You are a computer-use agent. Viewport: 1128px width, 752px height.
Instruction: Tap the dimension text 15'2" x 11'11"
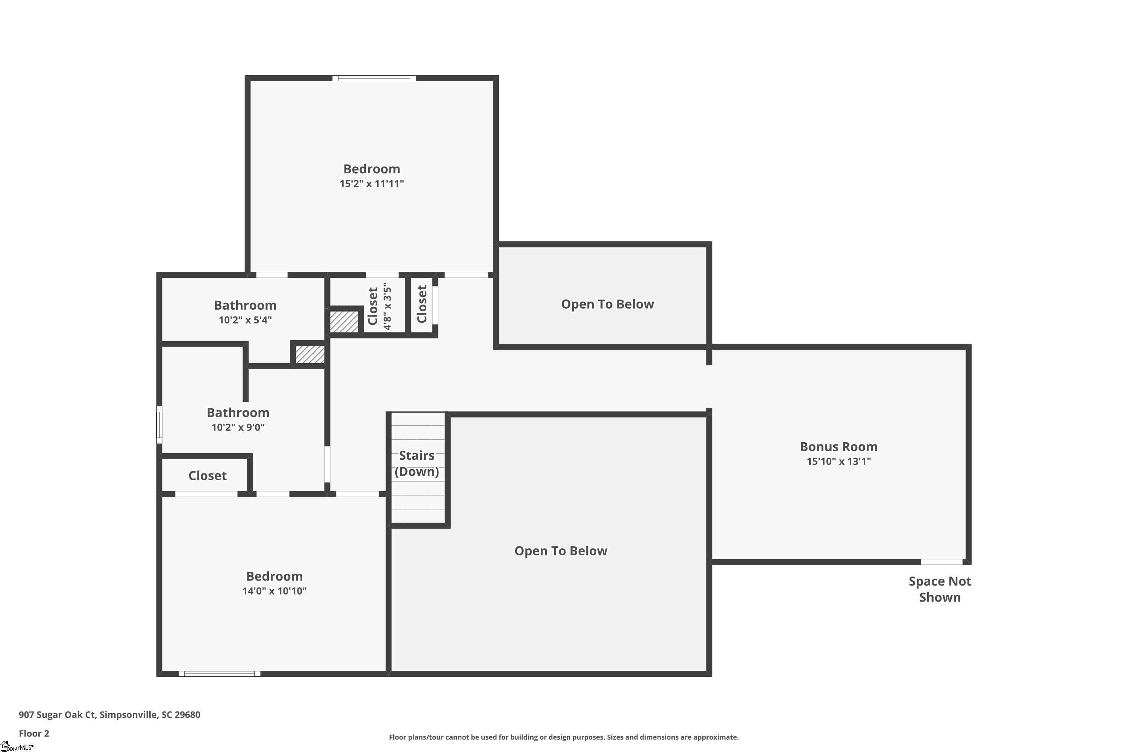[372, 184]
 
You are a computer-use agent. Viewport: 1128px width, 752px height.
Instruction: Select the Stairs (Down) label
[417, 463]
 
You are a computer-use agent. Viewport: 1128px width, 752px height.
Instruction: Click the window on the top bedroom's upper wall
[374, 78]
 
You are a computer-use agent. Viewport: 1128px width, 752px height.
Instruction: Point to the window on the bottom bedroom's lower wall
[220, 674]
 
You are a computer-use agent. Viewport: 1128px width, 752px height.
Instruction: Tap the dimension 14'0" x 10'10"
[274, 591]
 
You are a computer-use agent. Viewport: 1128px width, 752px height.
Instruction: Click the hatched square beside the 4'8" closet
[344, 321]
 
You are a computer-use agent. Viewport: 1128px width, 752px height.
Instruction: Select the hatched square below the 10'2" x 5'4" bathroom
[310, 355]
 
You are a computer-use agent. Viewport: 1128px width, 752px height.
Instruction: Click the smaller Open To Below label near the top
[607, 304]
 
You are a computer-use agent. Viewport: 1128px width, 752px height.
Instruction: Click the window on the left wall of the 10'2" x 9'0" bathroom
[159, 425]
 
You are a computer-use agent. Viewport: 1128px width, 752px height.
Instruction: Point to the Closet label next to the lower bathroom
[207, 475]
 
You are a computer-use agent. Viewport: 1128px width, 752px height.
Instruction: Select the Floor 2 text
[34, 733]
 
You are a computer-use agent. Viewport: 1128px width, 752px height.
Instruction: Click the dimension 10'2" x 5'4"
[245, 320]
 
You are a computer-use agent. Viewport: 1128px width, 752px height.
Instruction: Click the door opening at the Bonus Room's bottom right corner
[942, 562]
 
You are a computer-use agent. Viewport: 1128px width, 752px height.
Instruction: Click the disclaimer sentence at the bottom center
[564, 737]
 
